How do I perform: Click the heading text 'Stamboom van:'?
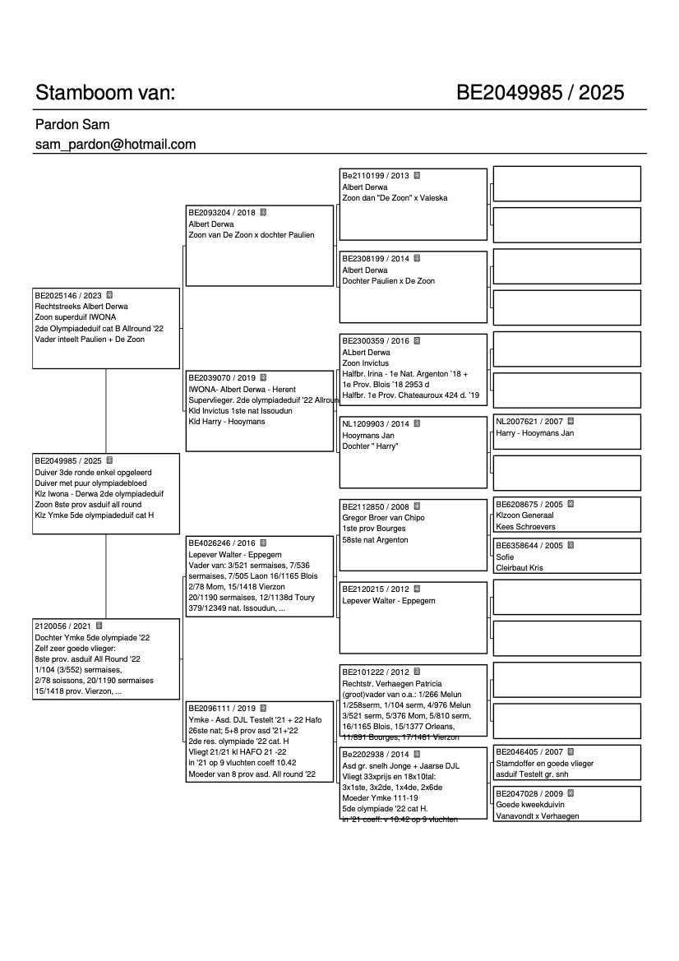point(105,93)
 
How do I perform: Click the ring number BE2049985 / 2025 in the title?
point(540,93)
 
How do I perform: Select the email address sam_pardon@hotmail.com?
point(115,145)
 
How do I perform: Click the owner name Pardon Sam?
point(72,125)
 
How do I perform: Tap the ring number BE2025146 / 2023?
point(68,294)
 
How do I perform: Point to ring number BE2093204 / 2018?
point(222,212)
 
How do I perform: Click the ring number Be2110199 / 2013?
point(376,176)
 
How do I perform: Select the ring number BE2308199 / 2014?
point(376,259)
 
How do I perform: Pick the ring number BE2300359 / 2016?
point(376,341)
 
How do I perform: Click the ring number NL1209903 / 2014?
point(376,424)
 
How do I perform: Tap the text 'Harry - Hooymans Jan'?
point(535,433)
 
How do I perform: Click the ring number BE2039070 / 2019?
point(222,378)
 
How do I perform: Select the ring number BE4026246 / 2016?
point(222,543)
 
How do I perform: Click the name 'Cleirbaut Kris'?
point(520,568)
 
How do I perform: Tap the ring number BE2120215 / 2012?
point(376,589)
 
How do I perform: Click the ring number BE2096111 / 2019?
point(222,709)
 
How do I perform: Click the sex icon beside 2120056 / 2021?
point(99,626)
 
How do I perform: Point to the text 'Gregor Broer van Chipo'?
point(383,519)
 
